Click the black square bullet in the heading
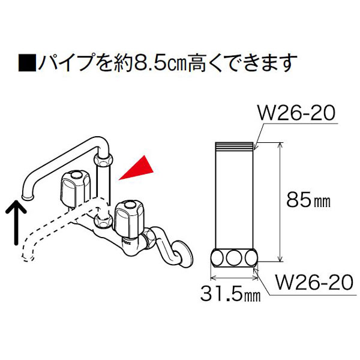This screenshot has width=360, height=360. coord(27,62)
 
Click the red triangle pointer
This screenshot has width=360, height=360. coord(139,169)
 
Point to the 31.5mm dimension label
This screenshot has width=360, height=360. coord(230,293)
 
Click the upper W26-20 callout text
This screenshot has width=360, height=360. coord(296,113)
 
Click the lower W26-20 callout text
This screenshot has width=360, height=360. coord(314,282)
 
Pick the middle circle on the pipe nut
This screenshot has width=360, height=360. coord(234,258)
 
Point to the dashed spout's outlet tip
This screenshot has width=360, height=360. coord(29,257)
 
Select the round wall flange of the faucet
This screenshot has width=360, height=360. coord(184,254)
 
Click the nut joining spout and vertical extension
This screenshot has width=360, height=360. coord(103,160)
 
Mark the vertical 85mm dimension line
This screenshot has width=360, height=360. coord(280,202)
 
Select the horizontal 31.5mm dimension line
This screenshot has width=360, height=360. coord(234,278)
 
